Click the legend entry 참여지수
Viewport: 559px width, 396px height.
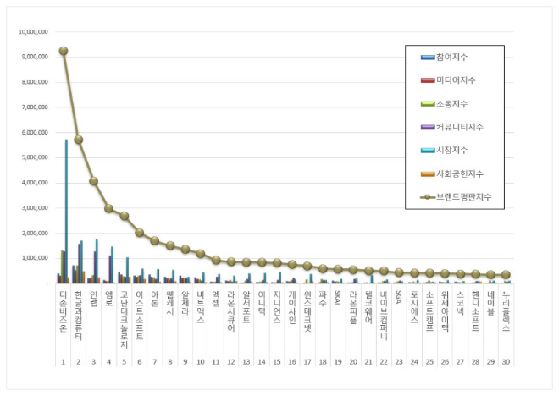click(x=454, y=57)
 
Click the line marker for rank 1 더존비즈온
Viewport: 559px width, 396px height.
click(x=64, y=51)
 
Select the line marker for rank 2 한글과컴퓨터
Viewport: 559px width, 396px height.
click(x=79, y=140)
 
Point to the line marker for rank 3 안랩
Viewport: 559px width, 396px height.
click(x=94, y=181)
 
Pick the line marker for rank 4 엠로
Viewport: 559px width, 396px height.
click(x=109, y=208)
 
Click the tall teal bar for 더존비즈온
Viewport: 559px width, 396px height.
click(x=66, y=212)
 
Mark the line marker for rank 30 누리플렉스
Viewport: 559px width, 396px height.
click(x=506, y=275)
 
